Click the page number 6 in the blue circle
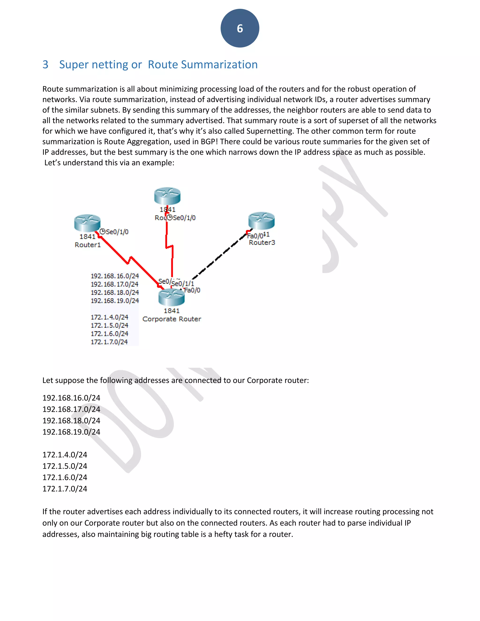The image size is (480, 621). click(x=240, y=28)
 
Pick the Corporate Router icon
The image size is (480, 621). click(x=172, y=297)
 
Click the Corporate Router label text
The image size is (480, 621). click(x=172, y=319)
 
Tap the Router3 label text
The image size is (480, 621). click(x=262, y=243)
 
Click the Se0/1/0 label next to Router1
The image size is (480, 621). click(x=117, y=232)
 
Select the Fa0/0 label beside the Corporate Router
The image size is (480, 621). click(x=192, y=290)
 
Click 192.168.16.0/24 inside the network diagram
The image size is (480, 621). click(x=115, y=276)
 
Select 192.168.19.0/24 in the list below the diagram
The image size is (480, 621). click(x=71, y=432)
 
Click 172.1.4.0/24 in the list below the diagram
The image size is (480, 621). click(x=65, y=455)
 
